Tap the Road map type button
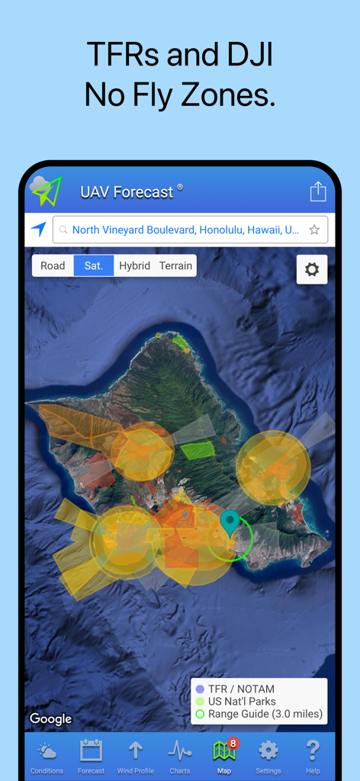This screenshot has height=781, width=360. tap(53, 265)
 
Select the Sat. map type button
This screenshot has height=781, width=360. tap(94, 265)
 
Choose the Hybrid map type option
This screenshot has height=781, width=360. tap(134, 265)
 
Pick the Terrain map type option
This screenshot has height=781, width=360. tap(175, 265)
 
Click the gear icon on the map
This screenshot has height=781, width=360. tap(312, 269)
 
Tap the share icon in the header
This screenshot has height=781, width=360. tap(318, 191)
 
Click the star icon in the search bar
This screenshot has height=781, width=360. tap(314, 230)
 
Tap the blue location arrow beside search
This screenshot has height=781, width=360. tap(38, 229)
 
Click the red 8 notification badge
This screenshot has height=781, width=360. tap(233, 743)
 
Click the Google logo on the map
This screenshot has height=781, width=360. tap(50, 718)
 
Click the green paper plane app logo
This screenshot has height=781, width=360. tap(47, 191)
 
